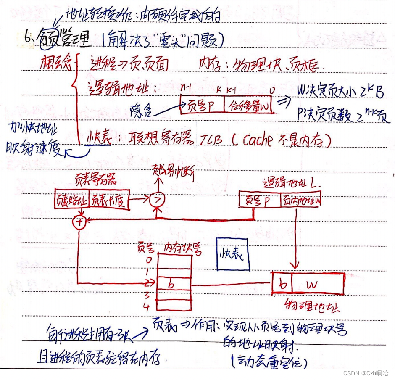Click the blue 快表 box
[x=233, y=253]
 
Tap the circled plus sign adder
[x=79, y=222]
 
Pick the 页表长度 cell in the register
[x=108, y=200]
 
